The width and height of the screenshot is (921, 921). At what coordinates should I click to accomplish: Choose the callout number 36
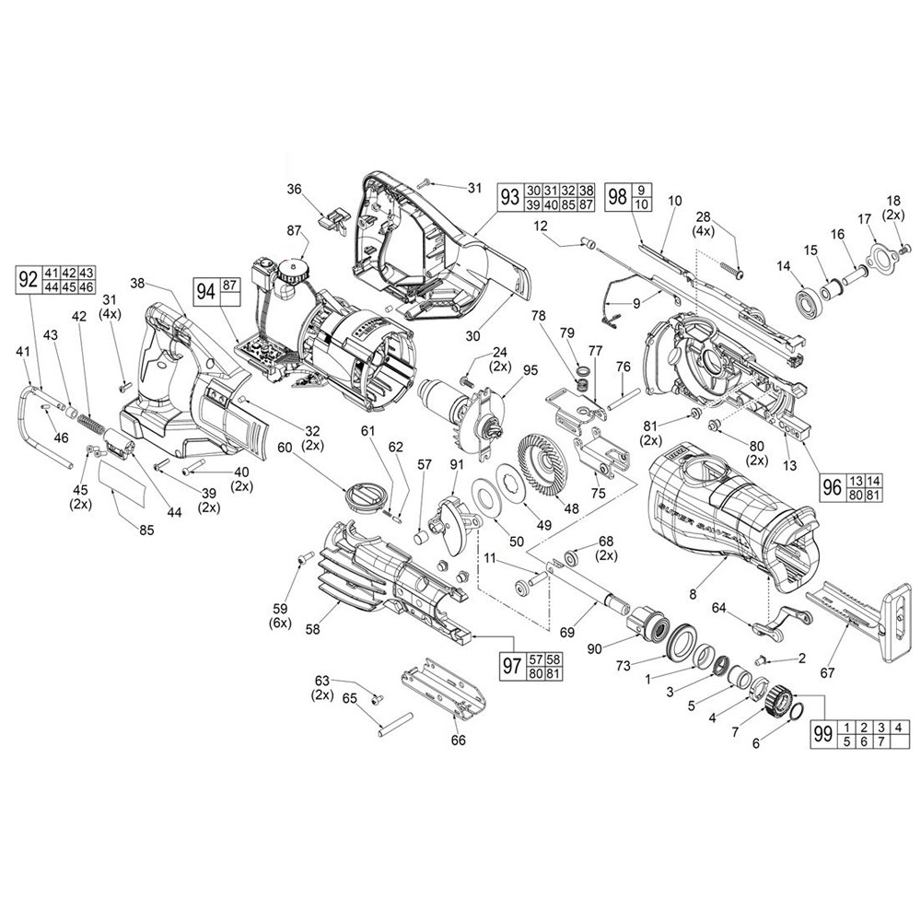(x=295, y=189)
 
